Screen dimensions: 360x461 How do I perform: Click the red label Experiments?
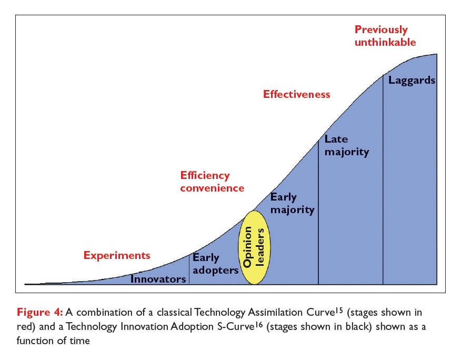[x=117, y=256]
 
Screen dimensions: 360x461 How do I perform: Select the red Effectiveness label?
[x=297, y=95]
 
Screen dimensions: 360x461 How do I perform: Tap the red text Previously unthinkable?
[x=385, y=36]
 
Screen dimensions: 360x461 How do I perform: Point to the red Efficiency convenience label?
[x=212, y=182]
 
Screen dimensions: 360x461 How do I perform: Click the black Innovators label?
[x=158, y=279]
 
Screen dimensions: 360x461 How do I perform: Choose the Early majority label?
[x=292, y=204]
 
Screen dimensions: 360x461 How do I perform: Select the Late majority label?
[x=346, y=146]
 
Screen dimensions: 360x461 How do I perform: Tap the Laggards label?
[x=412, y=81]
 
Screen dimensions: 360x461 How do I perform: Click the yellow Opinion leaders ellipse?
[x=255, y=247]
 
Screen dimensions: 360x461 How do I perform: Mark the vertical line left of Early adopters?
[x=189, y=268]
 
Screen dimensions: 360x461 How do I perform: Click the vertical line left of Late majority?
[x=319, y=211]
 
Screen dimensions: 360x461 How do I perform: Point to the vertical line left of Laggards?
[x=383, y=179]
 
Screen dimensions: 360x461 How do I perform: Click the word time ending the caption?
[x=79, y=341]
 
